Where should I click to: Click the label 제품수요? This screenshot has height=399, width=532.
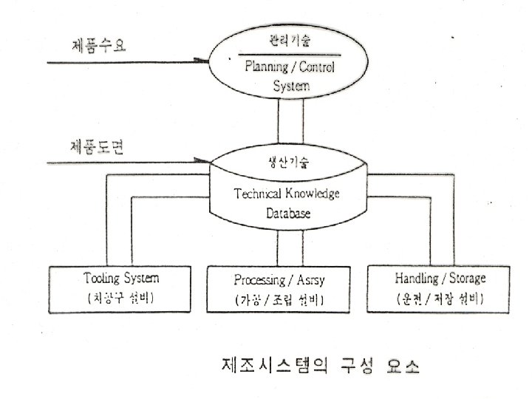click(x=95, y=46)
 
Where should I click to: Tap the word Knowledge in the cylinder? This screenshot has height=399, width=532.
click(x=312, y=194)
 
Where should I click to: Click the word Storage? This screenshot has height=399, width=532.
click(x=465, y=279)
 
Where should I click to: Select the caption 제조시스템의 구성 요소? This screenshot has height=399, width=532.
click(x=321, y=365)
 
